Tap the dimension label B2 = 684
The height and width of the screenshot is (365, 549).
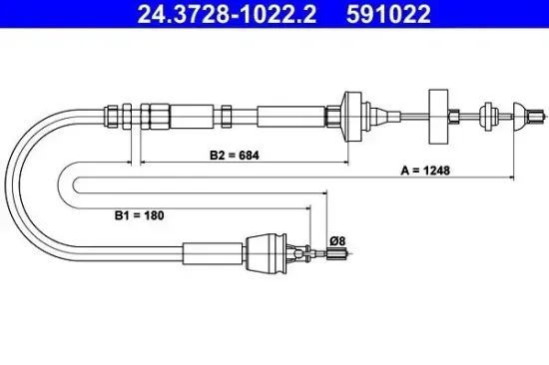click(231, 155)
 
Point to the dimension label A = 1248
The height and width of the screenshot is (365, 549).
click(425, 171)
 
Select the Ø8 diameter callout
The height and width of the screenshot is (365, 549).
click(336, 239)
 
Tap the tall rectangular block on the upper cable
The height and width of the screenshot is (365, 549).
click(436, 114)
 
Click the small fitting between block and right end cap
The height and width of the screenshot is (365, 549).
click(488, 114)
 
